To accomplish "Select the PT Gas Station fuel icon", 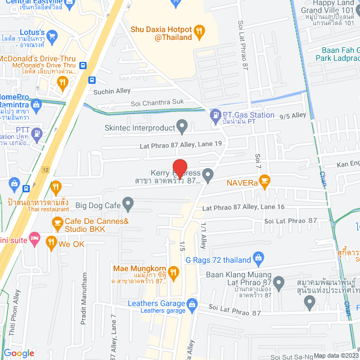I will (215, 116).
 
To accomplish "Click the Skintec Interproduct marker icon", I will (182, 126).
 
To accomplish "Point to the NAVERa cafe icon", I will (265, 181).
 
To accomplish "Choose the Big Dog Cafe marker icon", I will (128, 202).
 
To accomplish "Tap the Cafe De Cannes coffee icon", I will (57, 223).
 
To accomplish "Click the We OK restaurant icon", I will (51, 244).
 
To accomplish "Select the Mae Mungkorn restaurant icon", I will (173, 273).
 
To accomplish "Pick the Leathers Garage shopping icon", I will (192, 304).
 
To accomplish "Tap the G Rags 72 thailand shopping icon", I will (258, 259).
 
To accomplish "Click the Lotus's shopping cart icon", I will (52, 37).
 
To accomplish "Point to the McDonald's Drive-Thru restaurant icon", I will (62, 84).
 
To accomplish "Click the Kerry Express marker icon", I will (208, 175).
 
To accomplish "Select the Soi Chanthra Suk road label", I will (157, 103).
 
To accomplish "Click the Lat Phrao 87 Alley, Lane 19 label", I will (181, 146).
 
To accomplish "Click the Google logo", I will (19, 353).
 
